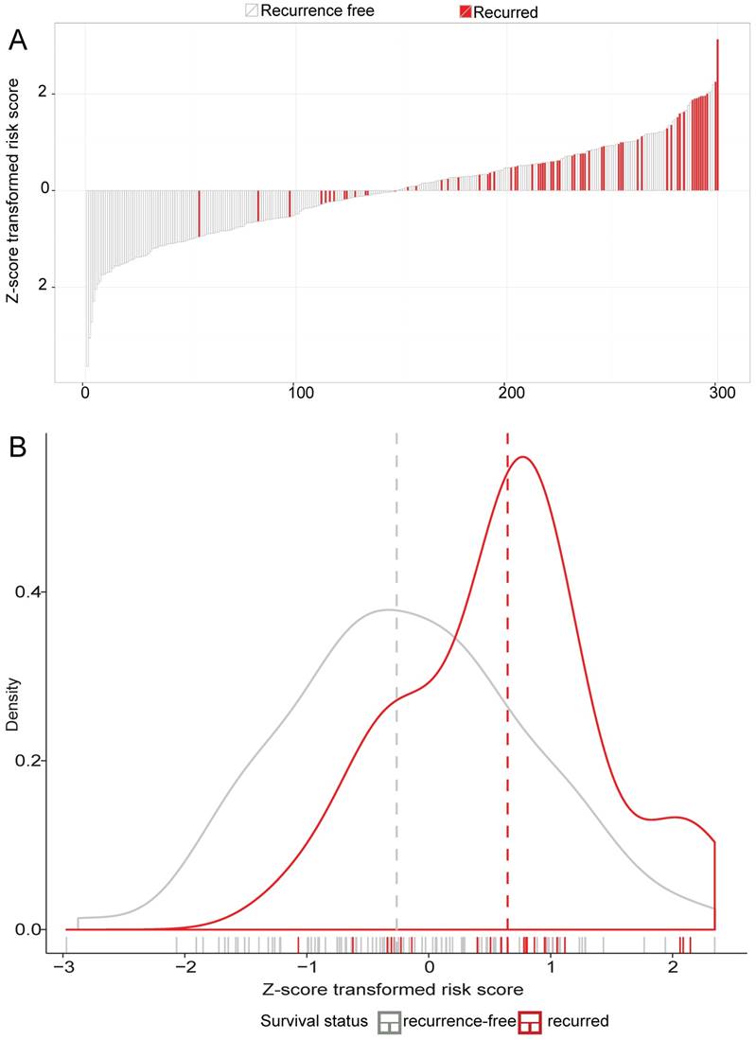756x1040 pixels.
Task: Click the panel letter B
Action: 18,447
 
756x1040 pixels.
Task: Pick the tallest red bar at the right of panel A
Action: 717,114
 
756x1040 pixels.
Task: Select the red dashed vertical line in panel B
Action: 507,681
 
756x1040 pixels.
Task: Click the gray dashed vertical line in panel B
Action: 396,681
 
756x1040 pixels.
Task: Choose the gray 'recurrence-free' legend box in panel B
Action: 390,1021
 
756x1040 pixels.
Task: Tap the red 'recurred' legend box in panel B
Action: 529,1021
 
